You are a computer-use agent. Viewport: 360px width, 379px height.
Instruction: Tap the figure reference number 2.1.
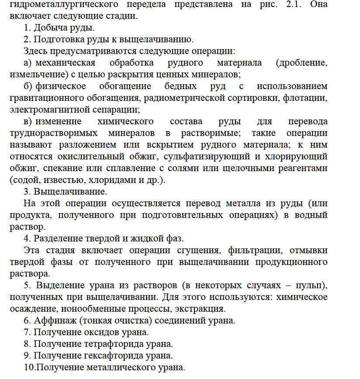point(274,6)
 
